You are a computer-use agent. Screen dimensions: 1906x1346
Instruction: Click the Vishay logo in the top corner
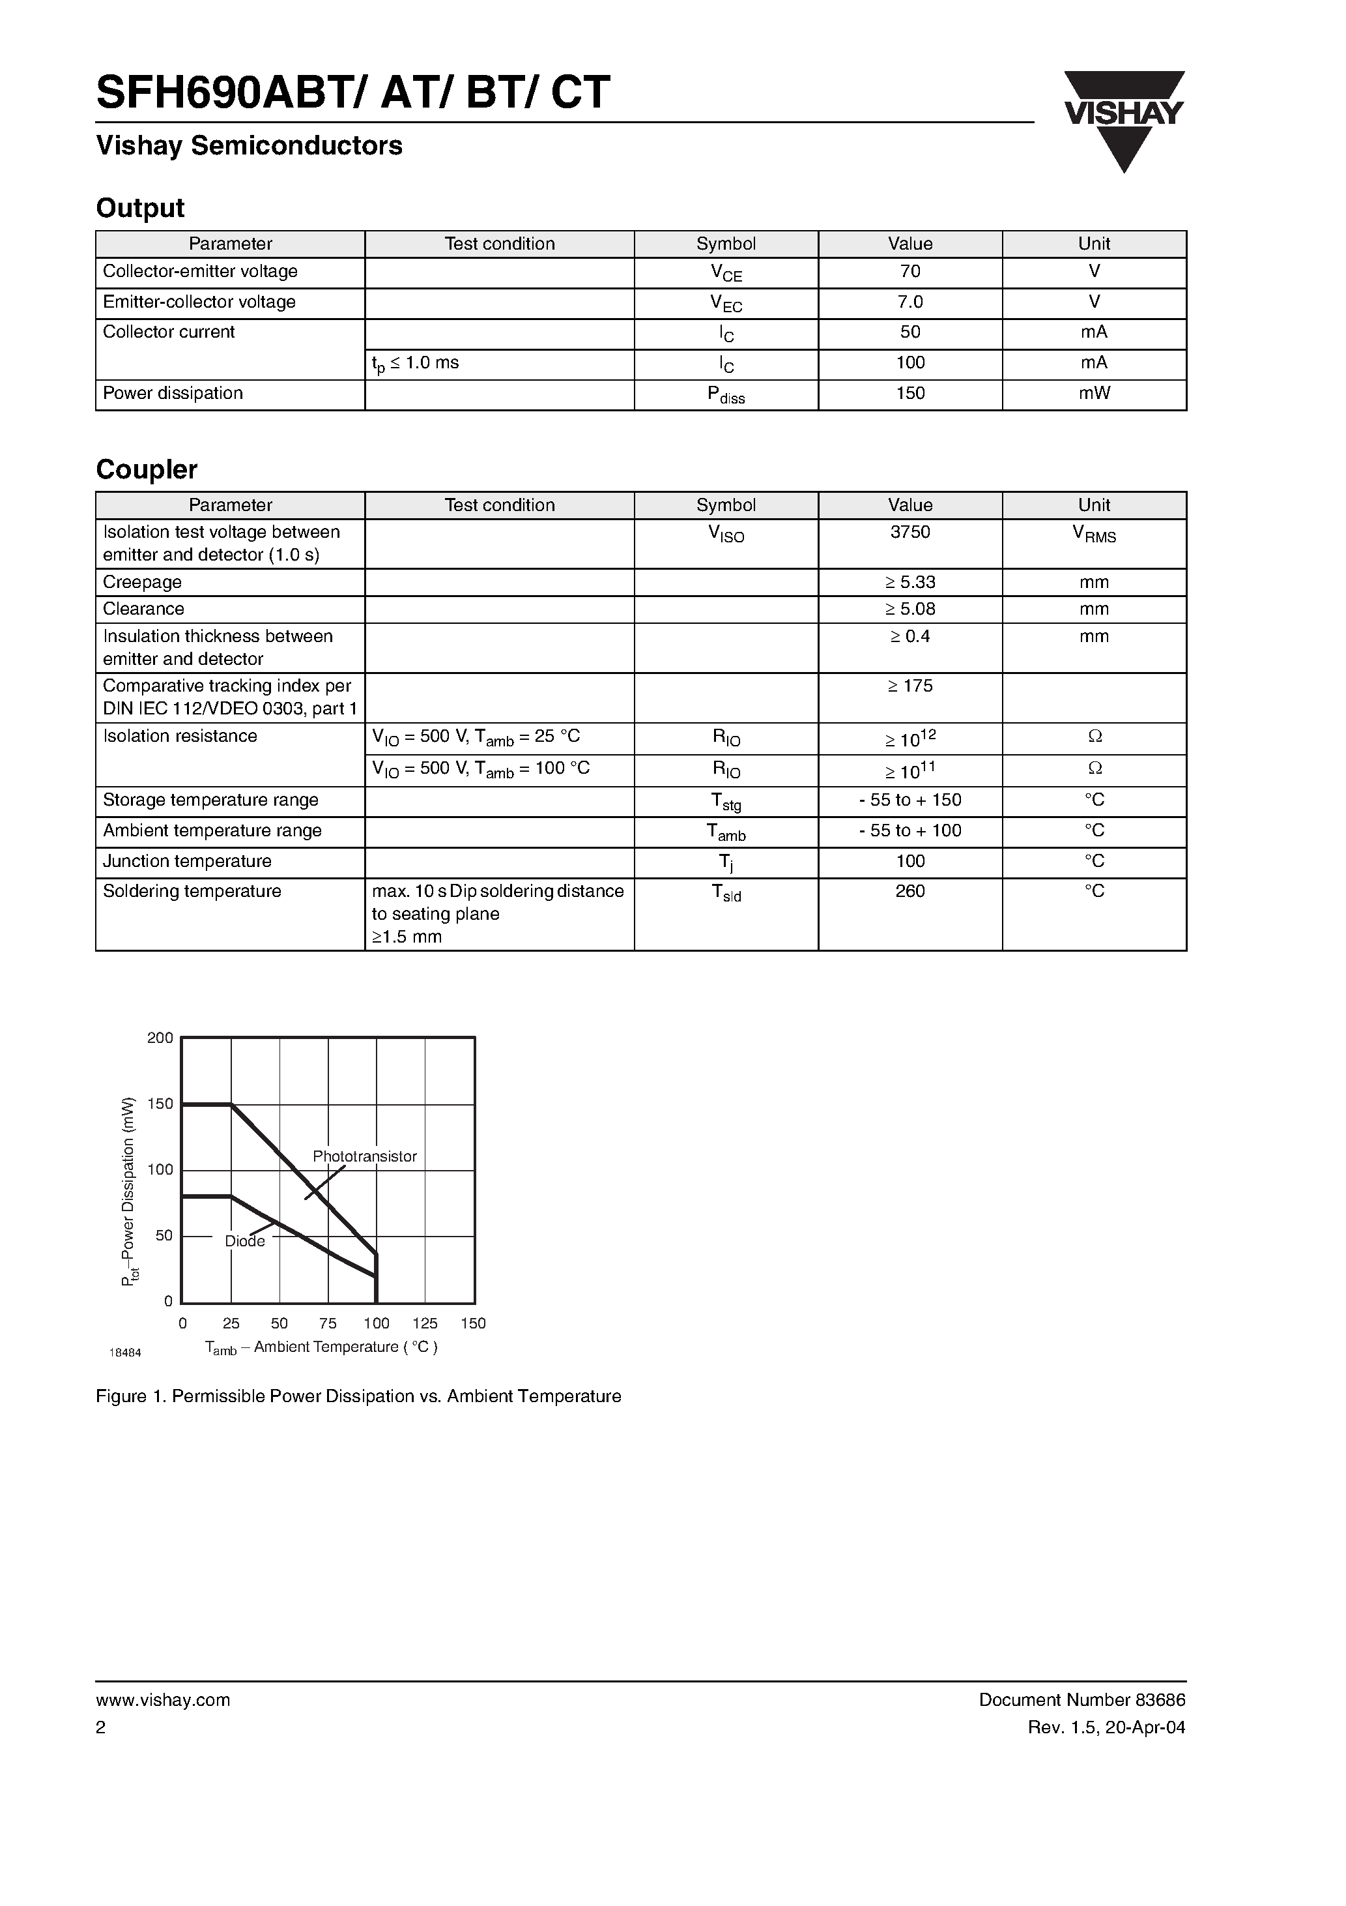pyautogui.click(x=1124, y=121)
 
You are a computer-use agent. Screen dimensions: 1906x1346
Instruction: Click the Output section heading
pyautogui.click(x=140, y=207)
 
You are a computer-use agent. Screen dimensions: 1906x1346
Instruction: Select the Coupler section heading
pyautogui.click(x=146, y=469)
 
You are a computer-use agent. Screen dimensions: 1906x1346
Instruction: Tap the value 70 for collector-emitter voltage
pyautogui.click(x=909, y=271)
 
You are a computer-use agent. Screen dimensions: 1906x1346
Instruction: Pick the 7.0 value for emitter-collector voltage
pyautogui.click(x=909, y=302)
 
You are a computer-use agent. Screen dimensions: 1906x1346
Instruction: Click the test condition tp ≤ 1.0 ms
pyautogui.click(x=415, y=364)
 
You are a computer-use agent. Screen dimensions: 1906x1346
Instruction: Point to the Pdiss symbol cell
pyautogui.click(x=726, y=395)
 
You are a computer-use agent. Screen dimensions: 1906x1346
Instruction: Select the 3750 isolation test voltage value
pyautogui.click(x=909, y=532)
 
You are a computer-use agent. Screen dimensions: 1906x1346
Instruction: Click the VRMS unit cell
pyautogui.click(x=1094, y=534)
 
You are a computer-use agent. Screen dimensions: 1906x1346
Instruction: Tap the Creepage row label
pyautogui.click(x=142, y=582)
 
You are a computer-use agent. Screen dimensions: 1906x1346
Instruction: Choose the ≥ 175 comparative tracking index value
pyautogui.click(x=909, y=686)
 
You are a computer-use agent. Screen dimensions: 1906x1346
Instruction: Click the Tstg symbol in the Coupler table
pyautogui.click(x=726, y=802)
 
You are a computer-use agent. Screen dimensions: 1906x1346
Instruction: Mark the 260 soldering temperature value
pyautogui.click(x=909, y=890)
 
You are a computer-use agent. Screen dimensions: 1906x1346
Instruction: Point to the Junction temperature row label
pyautogui.click(x=187, y=861)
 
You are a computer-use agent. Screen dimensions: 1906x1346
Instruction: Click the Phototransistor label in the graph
pyautogui.click(x=364, y=1156)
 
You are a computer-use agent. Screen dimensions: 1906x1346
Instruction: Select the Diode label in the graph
pyautogui.click(x=245, y=1241)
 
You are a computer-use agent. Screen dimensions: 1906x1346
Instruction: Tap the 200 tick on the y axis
pyautogui.click(x=160, y=1038)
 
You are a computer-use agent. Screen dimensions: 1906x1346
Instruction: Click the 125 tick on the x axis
pyautogui.click(x=425, y=1323)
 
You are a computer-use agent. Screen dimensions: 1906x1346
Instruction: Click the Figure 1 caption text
pyautogui.click(x=358, y=1396)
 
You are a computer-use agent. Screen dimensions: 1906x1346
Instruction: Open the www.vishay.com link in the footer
pyautogui.click(x=163, y=1699)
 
